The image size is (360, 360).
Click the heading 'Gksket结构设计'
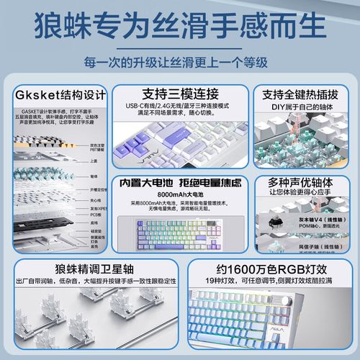[60, 95]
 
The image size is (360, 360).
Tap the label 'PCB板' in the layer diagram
[95, 215]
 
